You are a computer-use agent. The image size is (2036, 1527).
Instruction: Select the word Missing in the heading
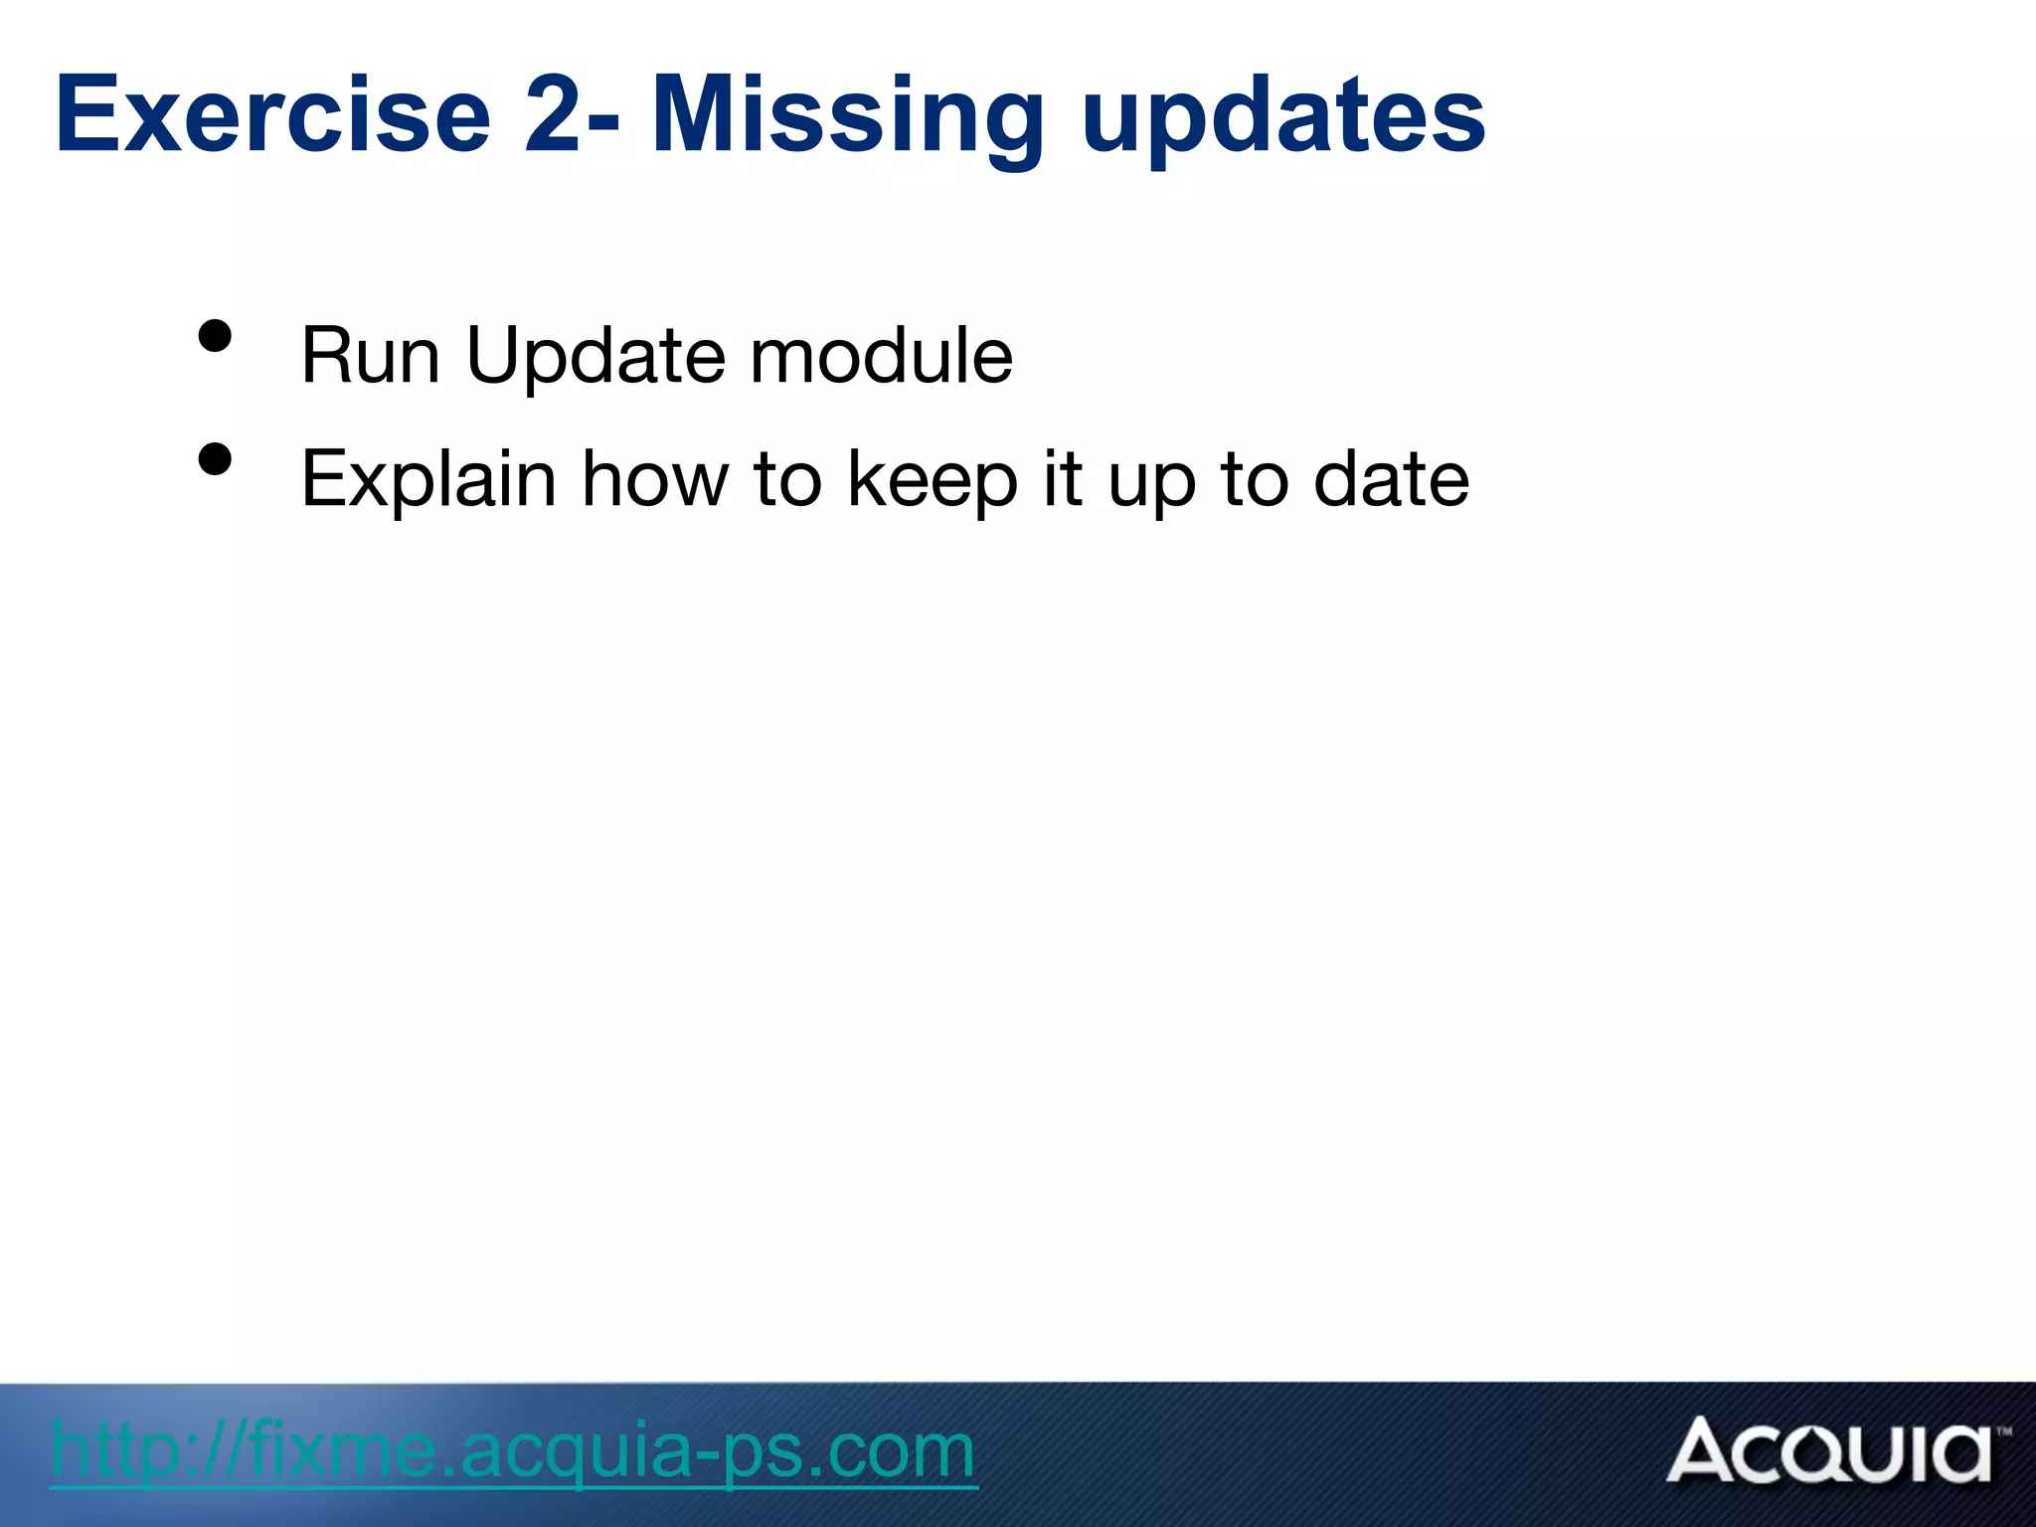[846, 117]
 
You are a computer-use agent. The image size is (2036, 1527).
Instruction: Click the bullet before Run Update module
[215, 336]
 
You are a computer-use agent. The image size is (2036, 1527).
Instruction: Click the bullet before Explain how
[215, 459]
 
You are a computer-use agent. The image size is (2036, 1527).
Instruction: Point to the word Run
[370, 356]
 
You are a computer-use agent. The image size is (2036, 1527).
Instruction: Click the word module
[881, 356]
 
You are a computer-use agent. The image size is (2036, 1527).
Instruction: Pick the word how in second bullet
[655, 479]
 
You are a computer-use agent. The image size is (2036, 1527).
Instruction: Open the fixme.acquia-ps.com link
[513, 1451]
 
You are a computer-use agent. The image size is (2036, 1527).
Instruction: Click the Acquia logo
[1829, 1451]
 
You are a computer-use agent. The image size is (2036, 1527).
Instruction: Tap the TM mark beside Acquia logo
[2003, 1433]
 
